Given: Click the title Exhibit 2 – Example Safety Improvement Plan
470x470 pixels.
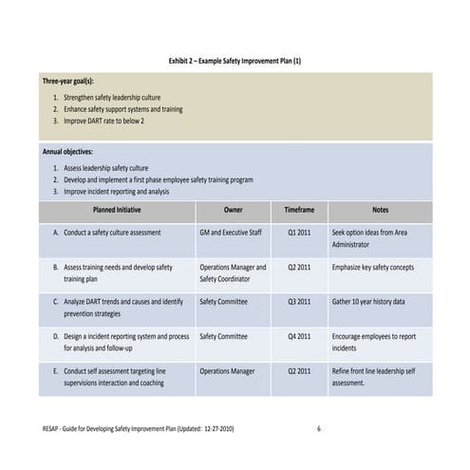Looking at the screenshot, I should [x=235, y=61].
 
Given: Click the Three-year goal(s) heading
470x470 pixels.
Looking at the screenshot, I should [x=68, y=82].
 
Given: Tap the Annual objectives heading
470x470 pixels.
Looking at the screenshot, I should [x=67, y=151].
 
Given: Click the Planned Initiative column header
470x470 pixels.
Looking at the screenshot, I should [x=118, y=209].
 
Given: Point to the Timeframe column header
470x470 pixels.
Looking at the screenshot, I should [x=299, y=209].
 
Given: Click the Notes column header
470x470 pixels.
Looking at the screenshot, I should [x=380, y=209].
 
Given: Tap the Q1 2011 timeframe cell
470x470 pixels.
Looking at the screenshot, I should [x=299, y=232].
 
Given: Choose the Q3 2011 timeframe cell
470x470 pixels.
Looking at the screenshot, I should [x=299, y=301].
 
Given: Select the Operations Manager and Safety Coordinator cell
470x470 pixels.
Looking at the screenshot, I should [x=233, y=273].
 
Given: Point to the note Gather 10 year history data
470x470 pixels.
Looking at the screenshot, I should [x=368, y=301].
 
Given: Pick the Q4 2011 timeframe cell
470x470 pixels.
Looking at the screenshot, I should [x=299, y=336].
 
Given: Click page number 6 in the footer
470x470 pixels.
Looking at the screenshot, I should [x=318, y=428].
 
